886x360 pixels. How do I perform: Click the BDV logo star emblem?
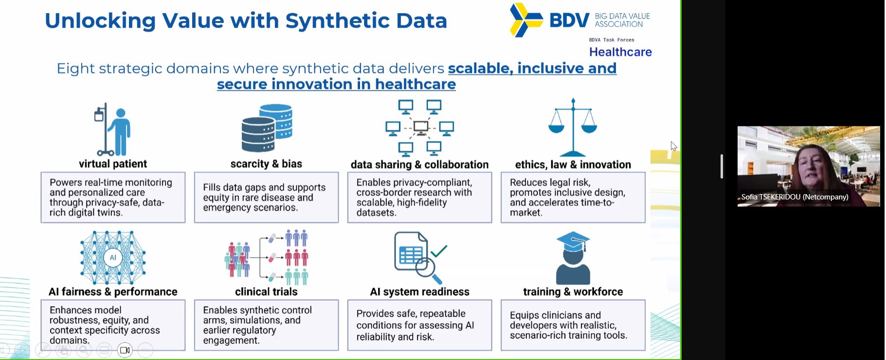(x=525, y=20)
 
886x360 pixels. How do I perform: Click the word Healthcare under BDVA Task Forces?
(x=620, y=52)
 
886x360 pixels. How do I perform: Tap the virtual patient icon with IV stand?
(x=113, y=129)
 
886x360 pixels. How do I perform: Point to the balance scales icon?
(x=573, y=127)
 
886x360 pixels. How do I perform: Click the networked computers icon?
(x=419, y=127)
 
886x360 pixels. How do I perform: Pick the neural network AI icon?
(x=113, y=257)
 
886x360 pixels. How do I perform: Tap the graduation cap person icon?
(x=573, y=258)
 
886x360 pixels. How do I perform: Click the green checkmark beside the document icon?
(x=438, y=251)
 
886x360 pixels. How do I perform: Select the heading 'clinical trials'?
(x=266, y=292)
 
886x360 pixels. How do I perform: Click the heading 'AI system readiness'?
(x=419, y=292)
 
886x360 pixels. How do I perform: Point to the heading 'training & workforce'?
(x=573, y=292)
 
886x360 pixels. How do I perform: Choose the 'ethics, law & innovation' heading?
(x=573, y=165)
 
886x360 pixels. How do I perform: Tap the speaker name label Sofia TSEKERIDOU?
(x=795, y=197)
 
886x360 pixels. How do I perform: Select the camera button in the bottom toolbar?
(x=125, y=350)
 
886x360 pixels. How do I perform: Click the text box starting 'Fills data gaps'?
(x=266, y=198)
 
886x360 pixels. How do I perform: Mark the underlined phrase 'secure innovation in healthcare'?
(x=336, y=84)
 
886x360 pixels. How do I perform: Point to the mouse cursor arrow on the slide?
(x=673, y=145)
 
